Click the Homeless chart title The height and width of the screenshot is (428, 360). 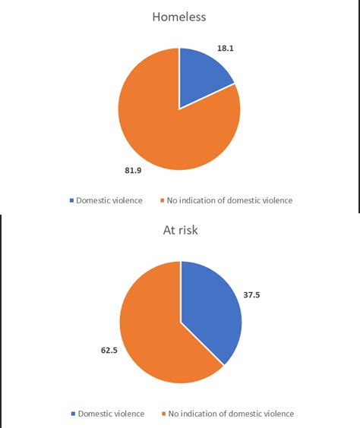180,16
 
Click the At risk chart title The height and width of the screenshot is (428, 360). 180,230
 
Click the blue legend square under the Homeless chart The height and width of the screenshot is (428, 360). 73,201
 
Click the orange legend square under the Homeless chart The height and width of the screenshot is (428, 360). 163,201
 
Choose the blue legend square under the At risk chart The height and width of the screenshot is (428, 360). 74,414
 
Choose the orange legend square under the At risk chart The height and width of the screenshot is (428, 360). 163,414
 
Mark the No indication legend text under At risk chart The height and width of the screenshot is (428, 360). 232,414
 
